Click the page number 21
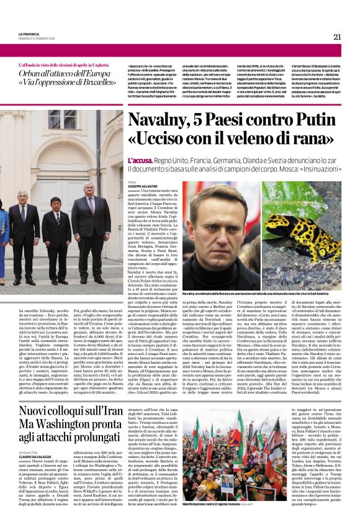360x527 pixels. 337,37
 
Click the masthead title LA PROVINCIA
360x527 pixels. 32,35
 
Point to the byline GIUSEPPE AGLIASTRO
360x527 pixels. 146,187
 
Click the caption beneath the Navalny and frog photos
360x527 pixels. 261,292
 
